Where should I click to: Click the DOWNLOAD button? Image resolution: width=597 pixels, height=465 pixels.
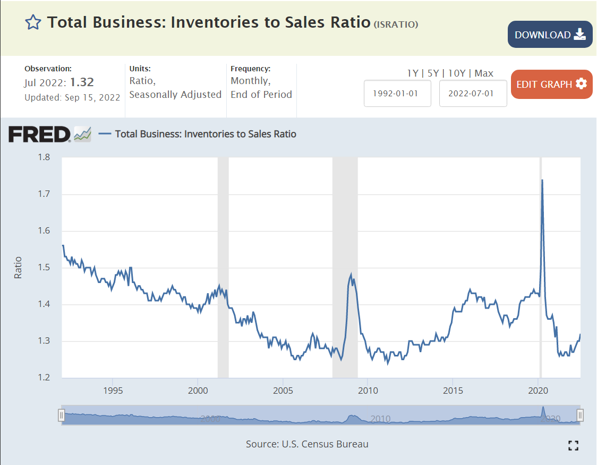[550, 35]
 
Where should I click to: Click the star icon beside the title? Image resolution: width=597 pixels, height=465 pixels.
[33, 22]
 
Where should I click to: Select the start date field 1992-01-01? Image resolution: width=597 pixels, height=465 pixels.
[397, 93]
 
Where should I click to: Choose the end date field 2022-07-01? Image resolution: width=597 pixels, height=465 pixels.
[473, 93]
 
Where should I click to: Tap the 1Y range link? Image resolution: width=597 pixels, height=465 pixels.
[413, 73]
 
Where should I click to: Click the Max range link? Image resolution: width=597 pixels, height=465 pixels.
[484, 73]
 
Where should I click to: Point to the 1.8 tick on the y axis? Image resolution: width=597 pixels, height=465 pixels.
[44, 157]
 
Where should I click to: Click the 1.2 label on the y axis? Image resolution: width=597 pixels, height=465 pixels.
[44, 378]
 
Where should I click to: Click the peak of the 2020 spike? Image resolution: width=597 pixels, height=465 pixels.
[542, 180]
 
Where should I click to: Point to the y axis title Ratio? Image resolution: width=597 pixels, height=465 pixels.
[18, 268]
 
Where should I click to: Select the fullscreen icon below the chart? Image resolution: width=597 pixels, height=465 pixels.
[573, 445]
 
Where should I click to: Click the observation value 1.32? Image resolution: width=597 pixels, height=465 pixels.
[82, 82]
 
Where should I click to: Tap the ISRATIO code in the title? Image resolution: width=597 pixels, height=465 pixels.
[396, 24]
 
